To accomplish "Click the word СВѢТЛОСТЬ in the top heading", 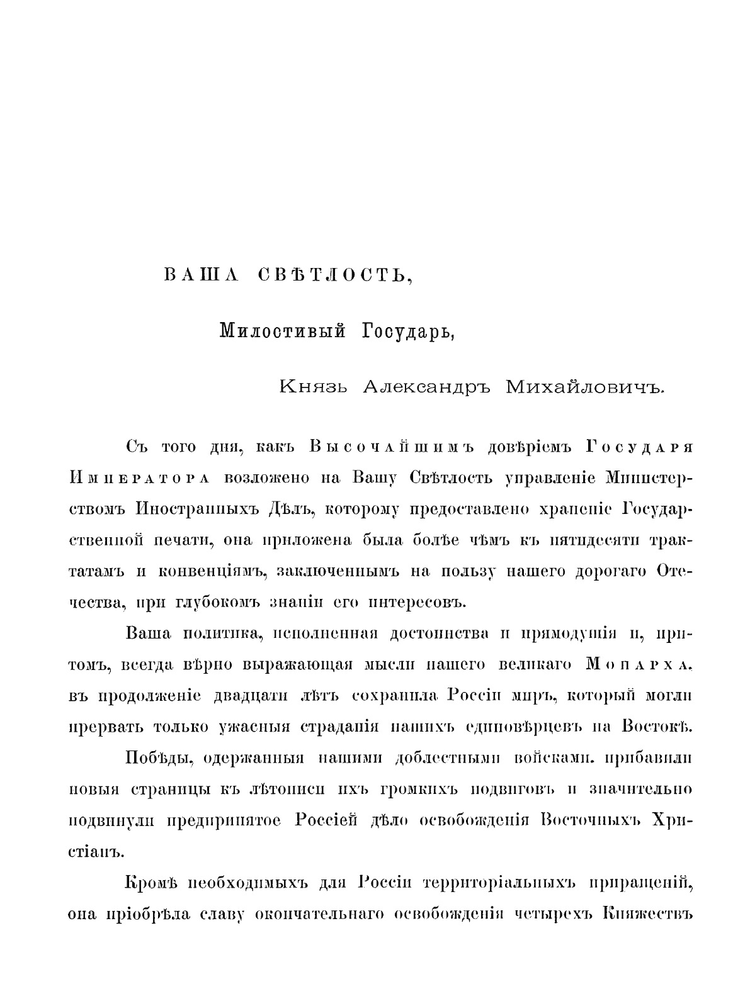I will click(336, 276).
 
